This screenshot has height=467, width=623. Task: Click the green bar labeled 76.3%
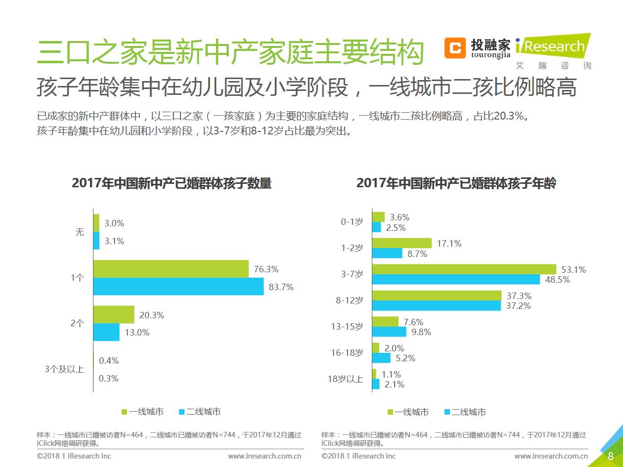pos(171,269)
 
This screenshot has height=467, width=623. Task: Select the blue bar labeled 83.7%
pos(178,287)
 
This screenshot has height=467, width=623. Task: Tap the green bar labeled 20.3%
pos(114,315)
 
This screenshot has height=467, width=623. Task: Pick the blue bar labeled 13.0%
pos(106,332)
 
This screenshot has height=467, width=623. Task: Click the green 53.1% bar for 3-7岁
pos(464,269)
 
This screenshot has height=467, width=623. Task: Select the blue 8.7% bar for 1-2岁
pos(387,254)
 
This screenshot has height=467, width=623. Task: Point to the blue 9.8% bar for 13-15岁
pos(389,332)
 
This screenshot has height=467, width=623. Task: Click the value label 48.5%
pos(557,280)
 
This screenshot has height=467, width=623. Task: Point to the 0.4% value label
pos(109,361)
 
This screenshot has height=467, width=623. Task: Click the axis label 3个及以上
pos(64,369)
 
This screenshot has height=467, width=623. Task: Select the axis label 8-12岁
pos(350,300)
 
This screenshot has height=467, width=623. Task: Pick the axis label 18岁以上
pos(345,380)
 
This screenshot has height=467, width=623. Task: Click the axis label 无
pos(80,232)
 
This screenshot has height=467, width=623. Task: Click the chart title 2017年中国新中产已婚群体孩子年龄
pos(456,183)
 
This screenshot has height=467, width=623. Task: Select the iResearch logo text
pos(552,47)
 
